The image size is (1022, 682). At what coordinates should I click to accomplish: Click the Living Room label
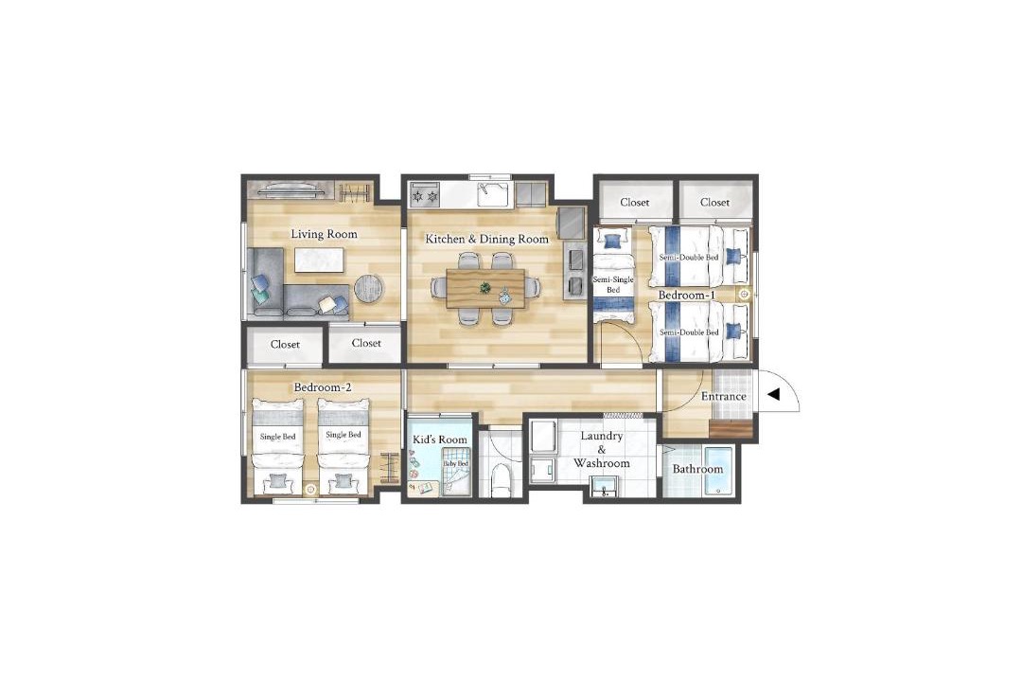324,234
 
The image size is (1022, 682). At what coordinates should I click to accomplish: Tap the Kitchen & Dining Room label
487,240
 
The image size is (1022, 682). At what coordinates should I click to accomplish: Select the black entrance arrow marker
774,395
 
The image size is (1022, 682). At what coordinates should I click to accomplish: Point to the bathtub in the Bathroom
717,470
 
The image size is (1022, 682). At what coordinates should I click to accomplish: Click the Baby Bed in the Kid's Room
455,475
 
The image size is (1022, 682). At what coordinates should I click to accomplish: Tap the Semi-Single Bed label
612,284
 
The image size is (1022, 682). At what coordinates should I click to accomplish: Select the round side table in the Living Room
369,288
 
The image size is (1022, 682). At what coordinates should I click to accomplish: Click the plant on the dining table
485,287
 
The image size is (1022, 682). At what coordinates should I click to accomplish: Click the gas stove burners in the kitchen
424,194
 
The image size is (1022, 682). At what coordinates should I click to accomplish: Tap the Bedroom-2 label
323,387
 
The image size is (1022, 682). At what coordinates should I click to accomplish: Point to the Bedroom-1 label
687,296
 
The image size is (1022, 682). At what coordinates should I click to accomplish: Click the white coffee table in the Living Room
318,260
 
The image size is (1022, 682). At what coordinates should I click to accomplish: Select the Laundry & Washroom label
602,450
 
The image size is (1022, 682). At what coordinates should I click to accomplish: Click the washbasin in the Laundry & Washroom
607,486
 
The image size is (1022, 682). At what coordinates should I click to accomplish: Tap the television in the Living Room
292,191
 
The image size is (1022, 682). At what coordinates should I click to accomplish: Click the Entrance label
724,397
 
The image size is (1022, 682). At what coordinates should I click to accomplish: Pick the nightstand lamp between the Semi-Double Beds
744,295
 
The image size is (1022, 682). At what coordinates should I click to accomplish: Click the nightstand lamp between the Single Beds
310,489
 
